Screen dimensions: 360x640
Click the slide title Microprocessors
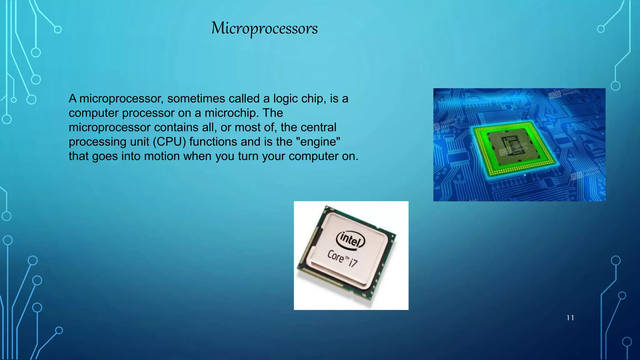264,28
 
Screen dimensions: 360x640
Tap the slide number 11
570,318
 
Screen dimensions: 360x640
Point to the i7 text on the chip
353,262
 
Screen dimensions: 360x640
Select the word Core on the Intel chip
335,256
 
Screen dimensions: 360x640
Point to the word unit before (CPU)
140,142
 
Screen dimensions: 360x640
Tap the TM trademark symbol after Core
346,257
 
